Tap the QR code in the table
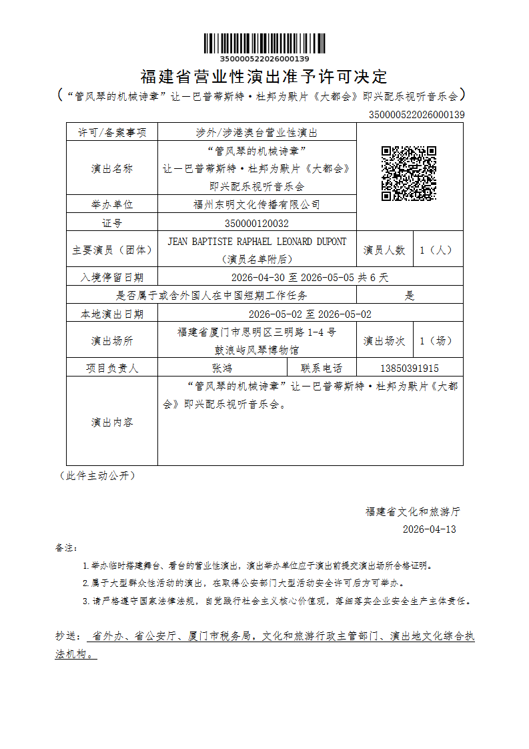pyautogui.click(x=408, y=174)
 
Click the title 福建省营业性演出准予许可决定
pyautogui.click(x=264, y=77)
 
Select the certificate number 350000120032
pyautogui.click(x=257, y=223)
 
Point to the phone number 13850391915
pyautogui.click(x=410, y=368)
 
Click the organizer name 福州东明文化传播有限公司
pyautogui.click(x=257, y=204)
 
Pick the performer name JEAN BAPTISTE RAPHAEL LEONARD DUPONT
pyautogui.click(x=257, y=242)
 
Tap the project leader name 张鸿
pyautogui.click(x=222, y=368)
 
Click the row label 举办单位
pyautogui.click(x=112, y=204)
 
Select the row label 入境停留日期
pyautogui.click(x=112, y=277)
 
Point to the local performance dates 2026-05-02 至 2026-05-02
pyautogui.click(x=310, y=314)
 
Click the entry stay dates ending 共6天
pyautogui.click(x=310, y=277)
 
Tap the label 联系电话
pyautogui.click(x=322, y=368)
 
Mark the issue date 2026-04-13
pyautogui.click(x=429, y=529)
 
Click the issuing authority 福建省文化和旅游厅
pyautogui.click(x=412, y=512)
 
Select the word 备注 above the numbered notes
pyautogui.click(x=66, y=547)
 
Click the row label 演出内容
pyautogui.click(x=112, y=422)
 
